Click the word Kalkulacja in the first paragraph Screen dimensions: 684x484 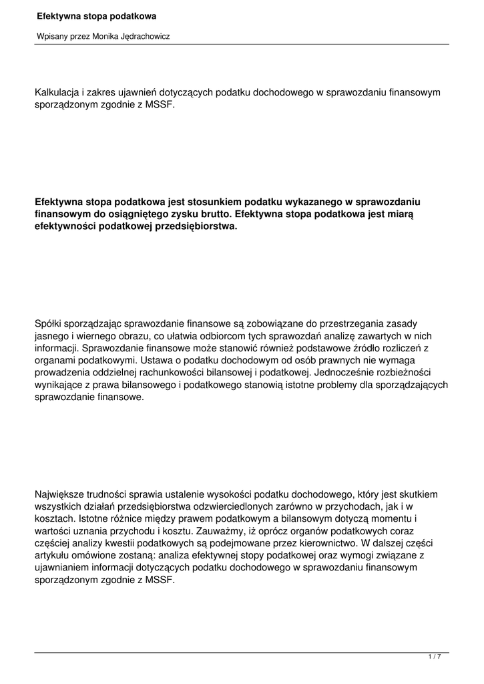point(57,92)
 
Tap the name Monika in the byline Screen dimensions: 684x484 point(103,37)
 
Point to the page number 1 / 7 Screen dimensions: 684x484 point(435,657)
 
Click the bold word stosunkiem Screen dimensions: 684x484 point(210,202)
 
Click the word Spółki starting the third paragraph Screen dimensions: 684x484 point(48,323)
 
